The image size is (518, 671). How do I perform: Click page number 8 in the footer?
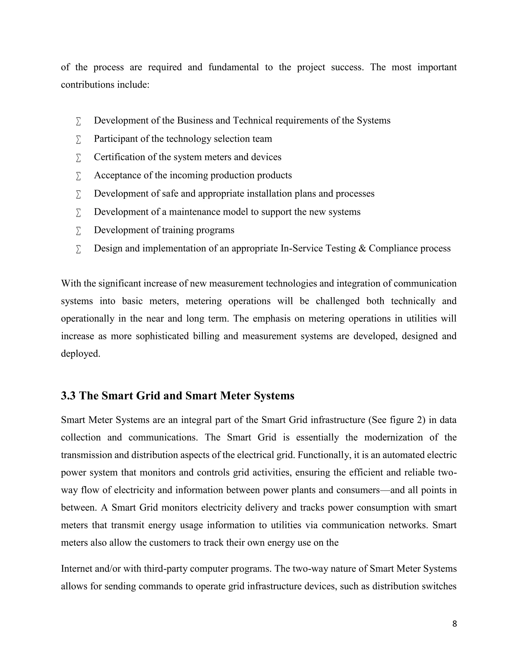coord(455,624)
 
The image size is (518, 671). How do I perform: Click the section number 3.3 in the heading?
coord(68,396)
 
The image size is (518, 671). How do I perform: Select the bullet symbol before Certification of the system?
coord(78,157)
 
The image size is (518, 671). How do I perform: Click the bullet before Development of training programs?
coord(78,231)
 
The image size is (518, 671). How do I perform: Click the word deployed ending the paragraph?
coord(80,354)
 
